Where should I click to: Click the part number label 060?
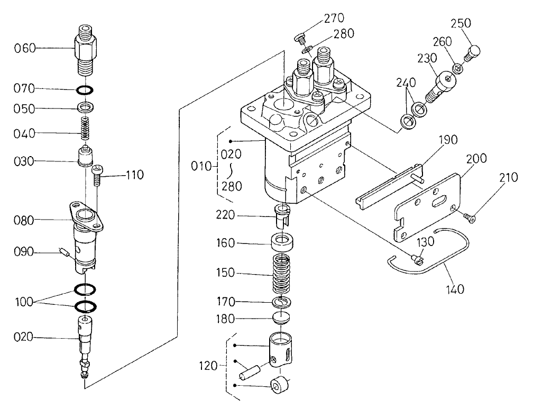click(25, 48)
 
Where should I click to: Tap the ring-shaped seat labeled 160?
click(283, 244)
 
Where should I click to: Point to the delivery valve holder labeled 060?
click(85, 48)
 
